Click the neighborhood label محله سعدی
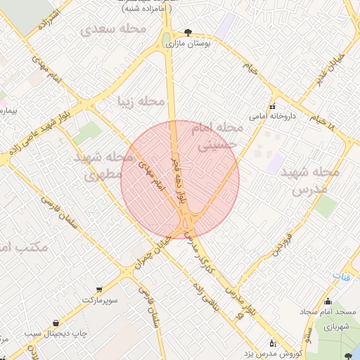113,29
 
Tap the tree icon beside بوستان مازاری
187,32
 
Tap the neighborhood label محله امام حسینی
221,137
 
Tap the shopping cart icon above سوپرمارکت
98,289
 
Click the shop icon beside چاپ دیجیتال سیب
55,323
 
